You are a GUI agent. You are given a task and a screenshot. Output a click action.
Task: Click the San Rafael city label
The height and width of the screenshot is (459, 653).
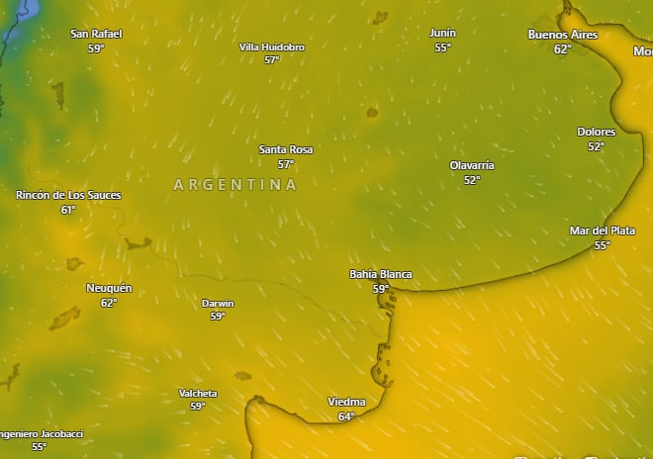[x=96, y=34]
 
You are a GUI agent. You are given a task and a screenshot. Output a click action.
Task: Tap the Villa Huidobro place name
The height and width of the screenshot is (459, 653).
[x=272, y=46]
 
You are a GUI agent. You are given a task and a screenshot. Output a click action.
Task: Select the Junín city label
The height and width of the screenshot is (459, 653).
[x=442, y=33]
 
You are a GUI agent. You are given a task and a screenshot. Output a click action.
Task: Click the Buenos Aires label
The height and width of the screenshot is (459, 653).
[x=563, y=35]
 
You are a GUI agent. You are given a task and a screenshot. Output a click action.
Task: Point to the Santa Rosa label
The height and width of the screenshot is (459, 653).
[x=286, y=149]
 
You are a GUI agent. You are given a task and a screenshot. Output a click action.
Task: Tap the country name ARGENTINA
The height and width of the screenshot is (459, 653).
[x=235, y=185]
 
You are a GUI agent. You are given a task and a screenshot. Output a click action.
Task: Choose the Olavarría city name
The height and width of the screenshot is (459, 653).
[x=472, y=165]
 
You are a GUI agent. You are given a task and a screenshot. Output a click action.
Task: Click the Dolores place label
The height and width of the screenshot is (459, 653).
[x=597, y=132]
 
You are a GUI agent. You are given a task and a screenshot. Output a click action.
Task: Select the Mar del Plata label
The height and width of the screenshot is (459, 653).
[x=603, y=230]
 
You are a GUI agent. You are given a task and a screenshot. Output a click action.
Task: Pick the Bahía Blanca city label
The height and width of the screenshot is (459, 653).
[x=381, y=274]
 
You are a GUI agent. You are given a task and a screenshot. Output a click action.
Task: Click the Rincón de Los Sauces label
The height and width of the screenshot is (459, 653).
[x=68, y=195]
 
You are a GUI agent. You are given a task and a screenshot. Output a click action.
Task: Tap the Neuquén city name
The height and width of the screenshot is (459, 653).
[x=109, y=288]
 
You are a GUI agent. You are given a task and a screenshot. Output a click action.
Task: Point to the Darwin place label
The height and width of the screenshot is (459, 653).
[x=218, y=303]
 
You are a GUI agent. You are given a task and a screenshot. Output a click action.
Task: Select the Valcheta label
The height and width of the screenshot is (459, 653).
[x=198, y=393]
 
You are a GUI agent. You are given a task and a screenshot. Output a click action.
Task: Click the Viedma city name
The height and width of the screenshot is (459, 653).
[x=346, y=402]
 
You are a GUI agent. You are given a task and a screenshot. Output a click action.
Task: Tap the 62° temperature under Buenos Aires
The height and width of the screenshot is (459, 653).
[x=563, y=48]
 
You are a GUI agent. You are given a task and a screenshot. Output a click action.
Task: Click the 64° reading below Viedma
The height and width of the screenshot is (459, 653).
[x=346, y=416]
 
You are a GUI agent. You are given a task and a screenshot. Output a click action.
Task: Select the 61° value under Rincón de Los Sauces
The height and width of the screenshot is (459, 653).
[x=68, y=210]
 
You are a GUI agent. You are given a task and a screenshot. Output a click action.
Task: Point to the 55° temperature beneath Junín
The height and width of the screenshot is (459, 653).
[x=442, y=47]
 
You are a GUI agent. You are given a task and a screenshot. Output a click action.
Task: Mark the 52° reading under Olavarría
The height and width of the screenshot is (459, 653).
[x=472, y=180]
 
